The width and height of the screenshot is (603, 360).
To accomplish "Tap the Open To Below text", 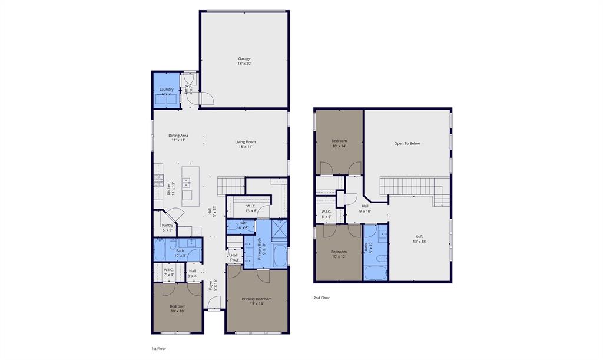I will [407, 143].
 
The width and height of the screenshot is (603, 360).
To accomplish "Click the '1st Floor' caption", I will [158, 349].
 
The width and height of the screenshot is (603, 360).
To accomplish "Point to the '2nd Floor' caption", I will [322, 298].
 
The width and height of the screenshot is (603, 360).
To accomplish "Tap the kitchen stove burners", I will [158, 181].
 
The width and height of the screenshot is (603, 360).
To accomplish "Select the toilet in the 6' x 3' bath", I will [233, 226].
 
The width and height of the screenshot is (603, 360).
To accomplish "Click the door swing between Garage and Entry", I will [207, 99].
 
